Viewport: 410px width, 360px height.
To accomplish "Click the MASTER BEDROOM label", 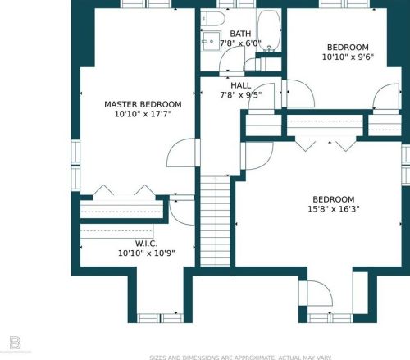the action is [x=143, y=104].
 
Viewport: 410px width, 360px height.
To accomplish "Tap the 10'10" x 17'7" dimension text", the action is [x=143, y=114].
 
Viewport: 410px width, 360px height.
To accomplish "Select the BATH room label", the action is [x=240, y=34].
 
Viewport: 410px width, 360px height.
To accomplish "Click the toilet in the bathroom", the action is [x=212, y=19].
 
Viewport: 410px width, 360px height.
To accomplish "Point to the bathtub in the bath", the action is [x=269, y=30].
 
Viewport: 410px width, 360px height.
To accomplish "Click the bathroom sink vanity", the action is [x=211, y=41].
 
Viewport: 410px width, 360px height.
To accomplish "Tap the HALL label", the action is [x=241, y=85].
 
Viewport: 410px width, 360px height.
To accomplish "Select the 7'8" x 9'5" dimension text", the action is [x=241, y=95].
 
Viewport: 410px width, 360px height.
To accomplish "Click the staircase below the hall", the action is [x=215, y=221].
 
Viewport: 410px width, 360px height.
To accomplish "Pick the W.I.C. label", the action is [x=146, y=244].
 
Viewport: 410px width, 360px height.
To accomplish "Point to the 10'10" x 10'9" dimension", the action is [x=146, y=253].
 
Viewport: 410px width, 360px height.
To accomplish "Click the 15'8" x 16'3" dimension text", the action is [x=334, y=209].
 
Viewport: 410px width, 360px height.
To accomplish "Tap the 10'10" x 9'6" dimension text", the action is [x=348, y=57].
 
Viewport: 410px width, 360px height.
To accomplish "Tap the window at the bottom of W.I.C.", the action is [x=160, y=318].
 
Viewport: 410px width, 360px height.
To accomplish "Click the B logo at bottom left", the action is [x=15, y=343].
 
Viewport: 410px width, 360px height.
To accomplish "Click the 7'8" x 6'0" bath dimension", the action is [x=240, y=43].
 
